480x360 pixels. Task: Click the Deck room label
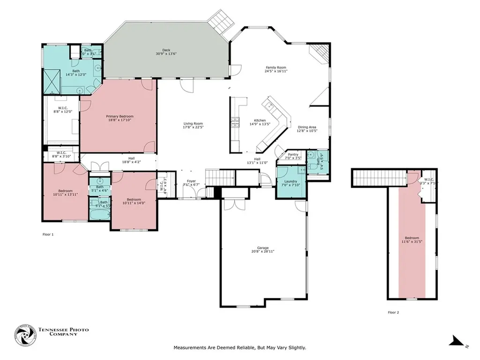tap(166, 50)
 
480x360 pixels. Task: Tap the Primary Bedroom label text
tap(120, 116)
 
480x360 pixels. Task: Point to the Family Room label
tap(276, 67)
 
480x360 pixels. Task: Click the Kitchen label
tap(260, 120)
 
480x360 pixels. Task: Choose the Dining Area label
tap(307, 127)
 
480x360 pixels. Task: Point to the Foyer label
tap(192, 180)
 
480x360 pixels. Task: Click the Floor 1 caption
tap(48, 234)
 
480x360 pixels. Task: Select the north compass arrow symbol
tap(457, 342)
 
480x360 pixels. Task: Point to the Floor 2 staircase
tap(379, 178)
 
